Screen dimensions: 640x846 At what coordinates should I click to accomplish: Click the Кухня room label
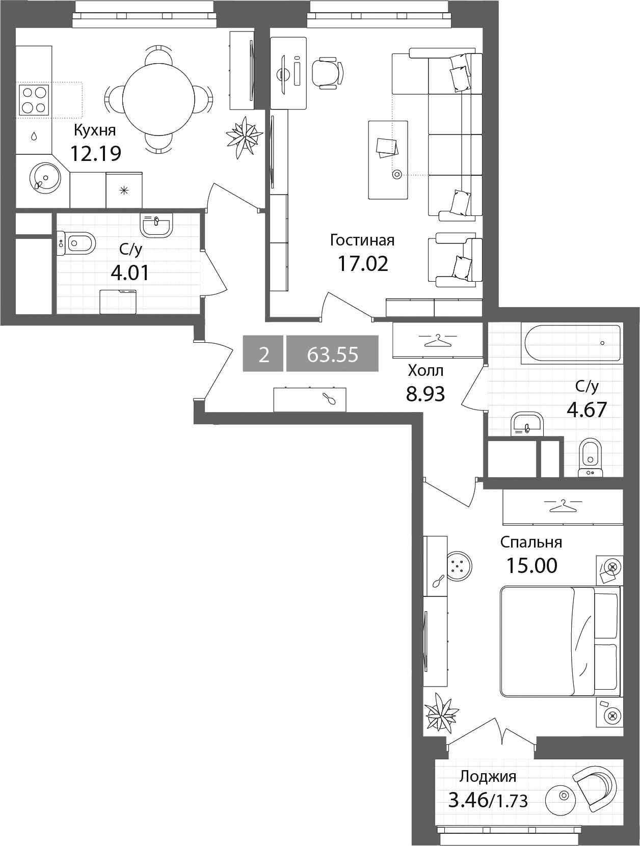coord(95,131)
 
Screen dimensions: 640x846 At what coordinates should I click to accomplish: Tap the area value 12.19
coord(96,153)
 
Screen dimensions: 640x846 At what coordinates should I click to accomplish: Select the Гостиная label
coord(362,240)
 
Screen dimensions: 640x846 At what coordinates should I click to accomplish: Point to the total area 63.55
coord(332,354)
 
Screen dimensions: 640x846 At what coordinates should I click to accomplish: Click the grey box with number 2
coord(263,354)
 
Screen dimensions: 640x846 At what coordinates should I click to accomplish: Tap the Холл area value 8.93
coord(425,394)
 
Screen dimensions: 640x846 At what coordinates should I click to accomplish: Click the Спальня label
coord(531,542)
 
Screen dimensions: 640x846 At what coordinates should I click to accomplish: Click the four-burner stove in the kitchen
coord(34,99)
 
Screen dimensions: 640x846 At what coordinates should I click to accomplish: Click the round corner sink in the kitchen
coord(45,178)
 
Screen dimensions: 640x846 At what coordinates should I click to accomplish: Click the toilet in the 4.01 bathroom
coord(76,243)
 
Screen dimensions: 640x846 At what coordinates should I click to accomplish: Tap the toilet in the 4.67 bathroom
coord(590,457)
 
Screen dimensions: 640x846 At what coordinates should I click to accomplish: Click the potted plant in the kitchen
coord(244,137)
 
